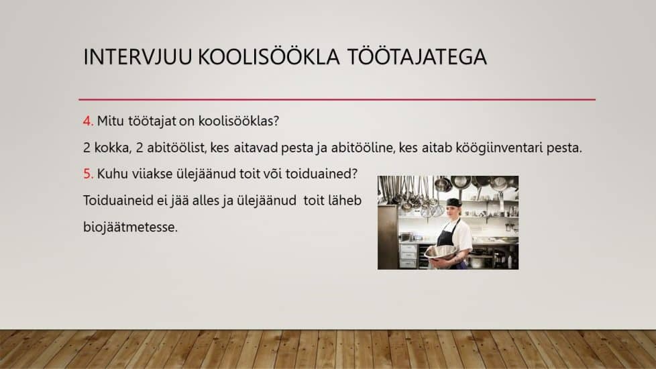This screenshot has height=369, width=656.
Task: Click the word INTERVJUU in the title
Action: (x=138, y=57)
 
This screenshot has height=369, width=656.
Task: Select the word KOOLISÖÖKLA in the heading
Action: (x=268, y=56)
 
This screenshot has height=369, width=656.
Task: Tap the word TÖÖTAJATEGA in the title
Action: (x=417, y=56)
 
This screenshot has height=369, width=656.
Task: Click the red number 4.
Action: (x=88, y=121)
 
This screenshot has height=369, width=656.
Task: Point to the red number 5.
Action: (x=88, y=174)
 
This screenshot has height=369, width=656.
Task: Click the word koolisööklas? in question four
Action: (x=239, y=121)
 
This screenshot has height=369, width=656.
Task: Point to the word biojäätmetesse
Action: (x=131, y=227)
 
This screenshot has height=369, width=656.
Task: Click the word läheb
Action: (x=345, y=201)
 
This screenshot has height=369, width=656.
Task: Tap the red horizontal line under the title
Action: (x=337, y=99)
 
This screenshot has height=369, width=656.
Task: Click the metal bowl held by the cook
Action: (x=440, y=252)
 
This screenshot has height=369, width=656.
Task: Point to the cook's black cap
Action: (x=453, y=203)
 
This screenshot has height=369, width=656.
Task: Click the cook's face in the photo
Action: (x=453, y=211)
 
